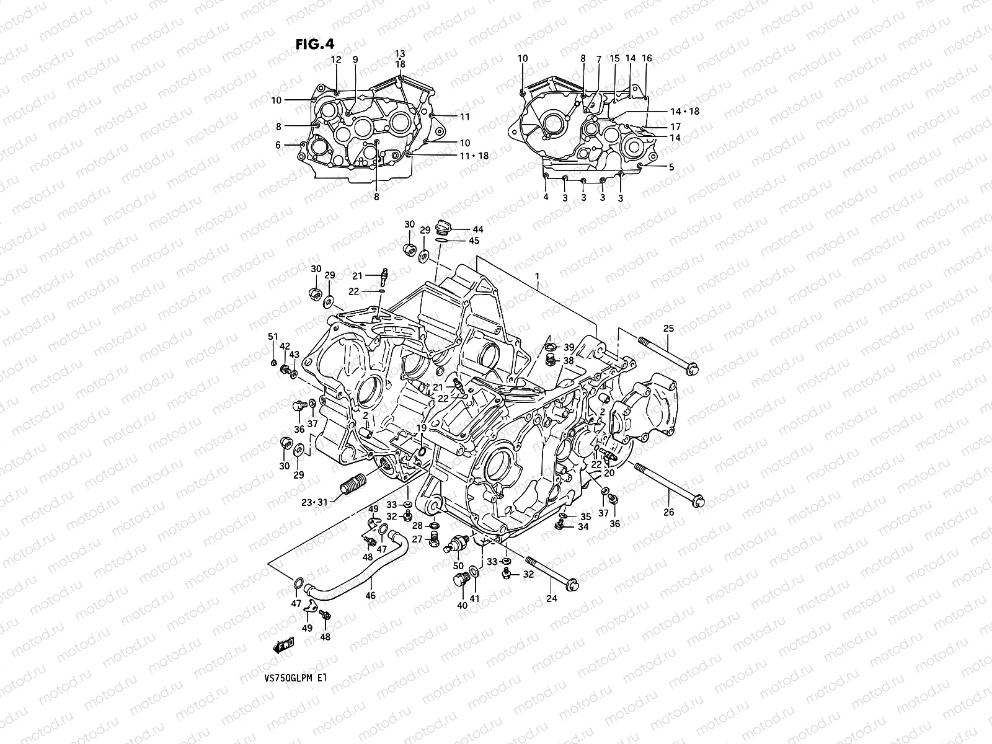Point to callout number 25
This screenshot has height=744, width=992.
click(668, 328)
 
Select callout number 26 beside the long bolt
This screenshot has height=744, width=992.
click(668, 512)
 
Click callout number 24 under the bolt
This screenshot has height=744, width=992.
click(552, 598)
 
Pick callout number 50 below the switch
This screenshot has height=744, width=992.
click(458, 566)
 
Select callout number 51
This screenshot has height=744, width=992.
click(272, 337)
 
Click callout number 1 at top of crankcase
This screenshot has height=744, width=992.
click(538, 276)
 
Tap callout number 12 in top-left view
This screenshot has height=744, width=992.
click(336, 60)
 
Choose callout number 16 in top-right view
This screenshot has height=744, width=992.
click(647, 58)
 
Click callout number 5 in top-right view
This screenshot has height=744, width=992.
click(671, 167)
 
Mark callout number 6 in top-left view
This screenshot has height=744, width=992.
click(278, 145)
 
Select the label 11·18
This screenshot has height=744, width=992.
click(474, 156)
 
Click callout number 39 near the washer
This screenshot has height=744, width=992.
click(569, 347)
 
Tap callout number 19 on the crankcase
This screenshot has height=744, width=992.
click(421, 428)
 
